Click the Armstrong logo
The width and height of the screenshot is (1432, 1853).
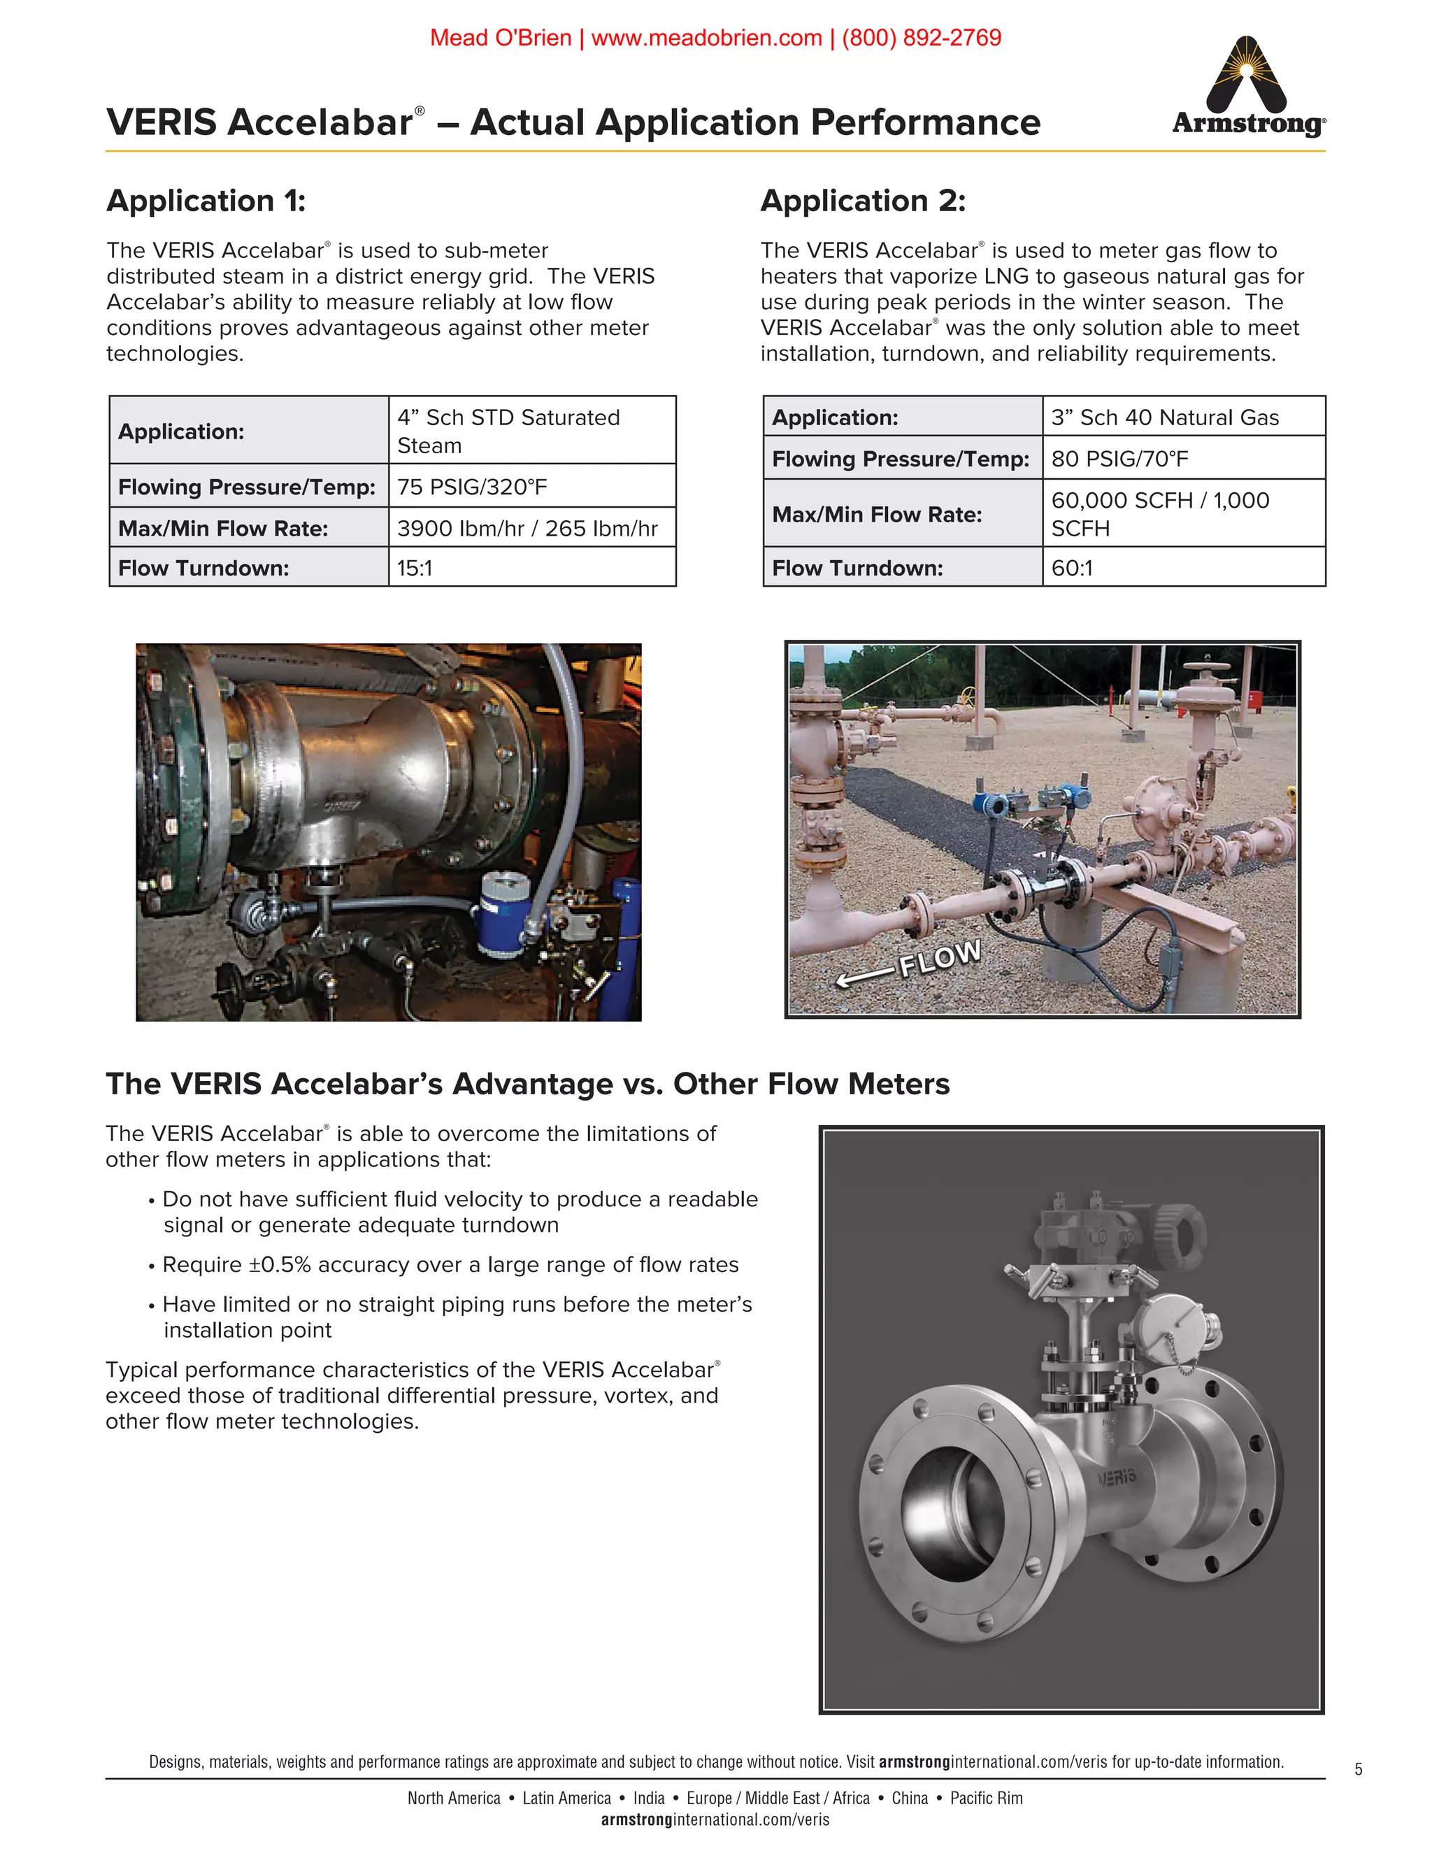[x=1248, y=87]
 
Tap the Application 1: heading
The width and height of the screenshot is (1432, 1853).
[x=206, y=201]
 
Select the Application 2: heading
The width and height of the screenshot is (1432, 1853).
[x=863, y=201]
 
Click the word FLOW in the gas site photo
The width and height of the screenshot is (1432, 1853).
[x=939, y=959]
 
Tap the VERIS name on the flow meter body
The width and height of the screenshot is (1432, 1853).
[x=1115, y=1478]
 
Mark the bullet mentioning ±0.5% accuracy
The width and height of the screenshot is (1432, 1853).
[x=450, y=1265]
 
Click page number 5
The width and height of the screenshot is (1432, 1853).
[x=1358, y=1769]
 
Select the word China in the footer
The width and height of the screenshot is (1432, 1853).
[x=910, y=1798]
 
